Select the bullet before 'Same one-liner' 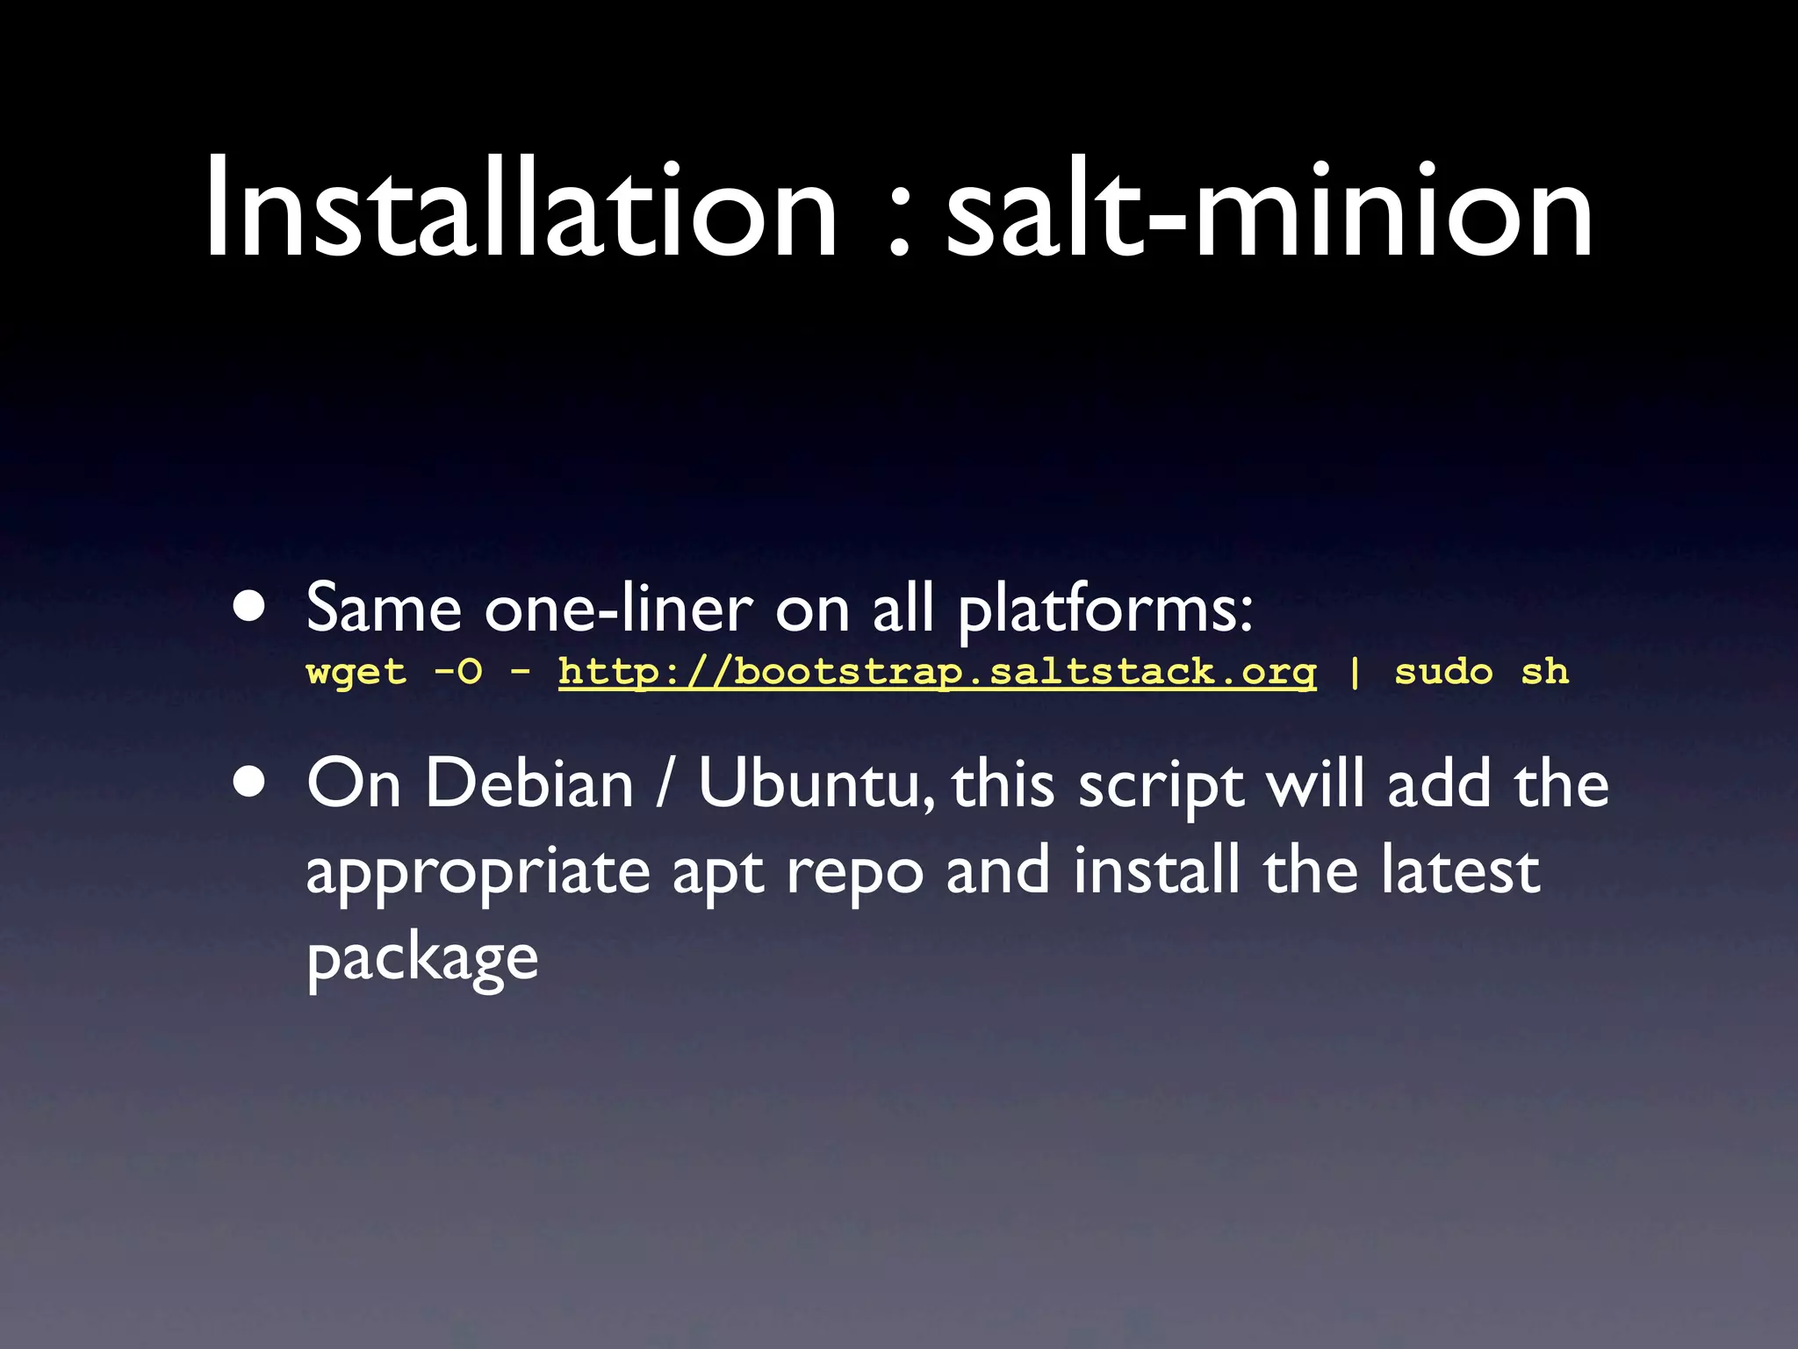pos(249,607)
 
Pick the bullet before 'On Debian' pos(249,783)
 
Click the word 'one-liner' pos(618,609)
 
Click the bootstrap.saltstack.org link pos(937,673)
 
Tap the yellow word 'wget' pos(356,673)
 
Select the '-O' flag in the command pos(458,673)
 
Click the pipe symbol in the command pos(1355,673)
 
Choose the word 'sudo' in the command pos(1443,673)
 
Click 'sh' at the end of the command pos(1544,673)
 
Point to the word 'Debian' pos(529,783)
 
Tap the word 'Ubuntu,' pos(816,784)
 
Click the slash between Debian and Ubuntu pos(665,784)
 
